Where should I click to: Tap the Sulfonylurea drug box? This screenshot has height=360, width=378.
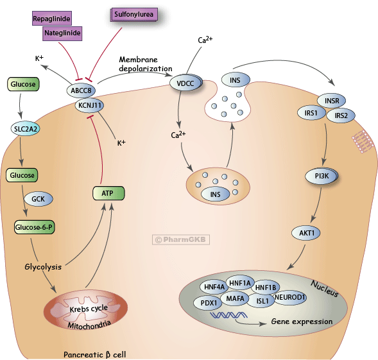click(x=132, y=13)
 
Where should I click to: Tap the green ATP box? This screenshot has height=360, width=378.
click(x=107, y=192)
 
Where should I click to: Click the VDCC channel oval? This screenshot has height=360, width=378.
click(x=185, y=82)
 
